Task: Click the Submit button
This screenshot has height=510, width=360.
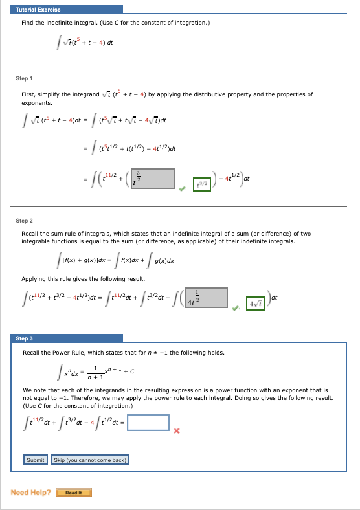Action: (x=35, y=460)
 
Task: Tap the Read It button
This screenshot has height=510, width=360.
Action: (x=73, y=493)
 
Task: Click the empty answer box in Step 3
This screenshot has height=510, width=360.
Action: (x=148, y=423)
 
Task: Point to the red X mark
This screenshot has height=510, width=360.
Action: (x=175, y=429)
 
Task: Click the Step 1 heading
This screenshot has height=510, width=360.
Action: (x=25, y=78)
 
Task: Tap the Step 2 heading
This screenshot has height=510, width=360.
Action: (x=25, y=220)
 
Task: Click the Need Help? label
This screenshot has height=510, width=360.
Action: (x=30, y=493)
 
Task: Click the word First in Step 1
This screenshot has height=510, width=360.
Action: (x=28, y=94)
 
